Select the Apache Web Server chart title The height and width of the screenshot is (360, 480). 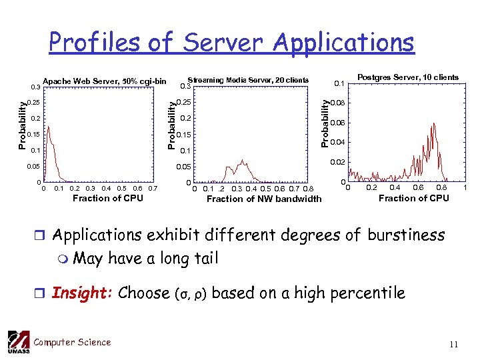tap(105, 81)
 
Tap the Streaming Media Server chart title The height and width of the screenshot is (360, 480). tap(248, 80)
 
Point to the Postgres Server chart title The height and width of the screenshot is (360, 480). tap(408, 77)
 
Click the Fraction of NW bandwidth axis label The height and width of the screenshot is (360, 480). tap(264, 199)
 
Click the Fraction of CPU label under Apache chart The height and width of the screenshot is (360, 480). tap(107, 198)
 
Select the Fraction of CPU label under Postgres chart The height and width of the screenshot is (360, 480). tap(413, 198)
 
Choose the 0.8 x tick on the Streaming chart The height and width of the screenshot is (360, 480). tap(308, 189)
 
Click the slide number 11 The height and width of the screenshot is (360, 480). tap(453, 345)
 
